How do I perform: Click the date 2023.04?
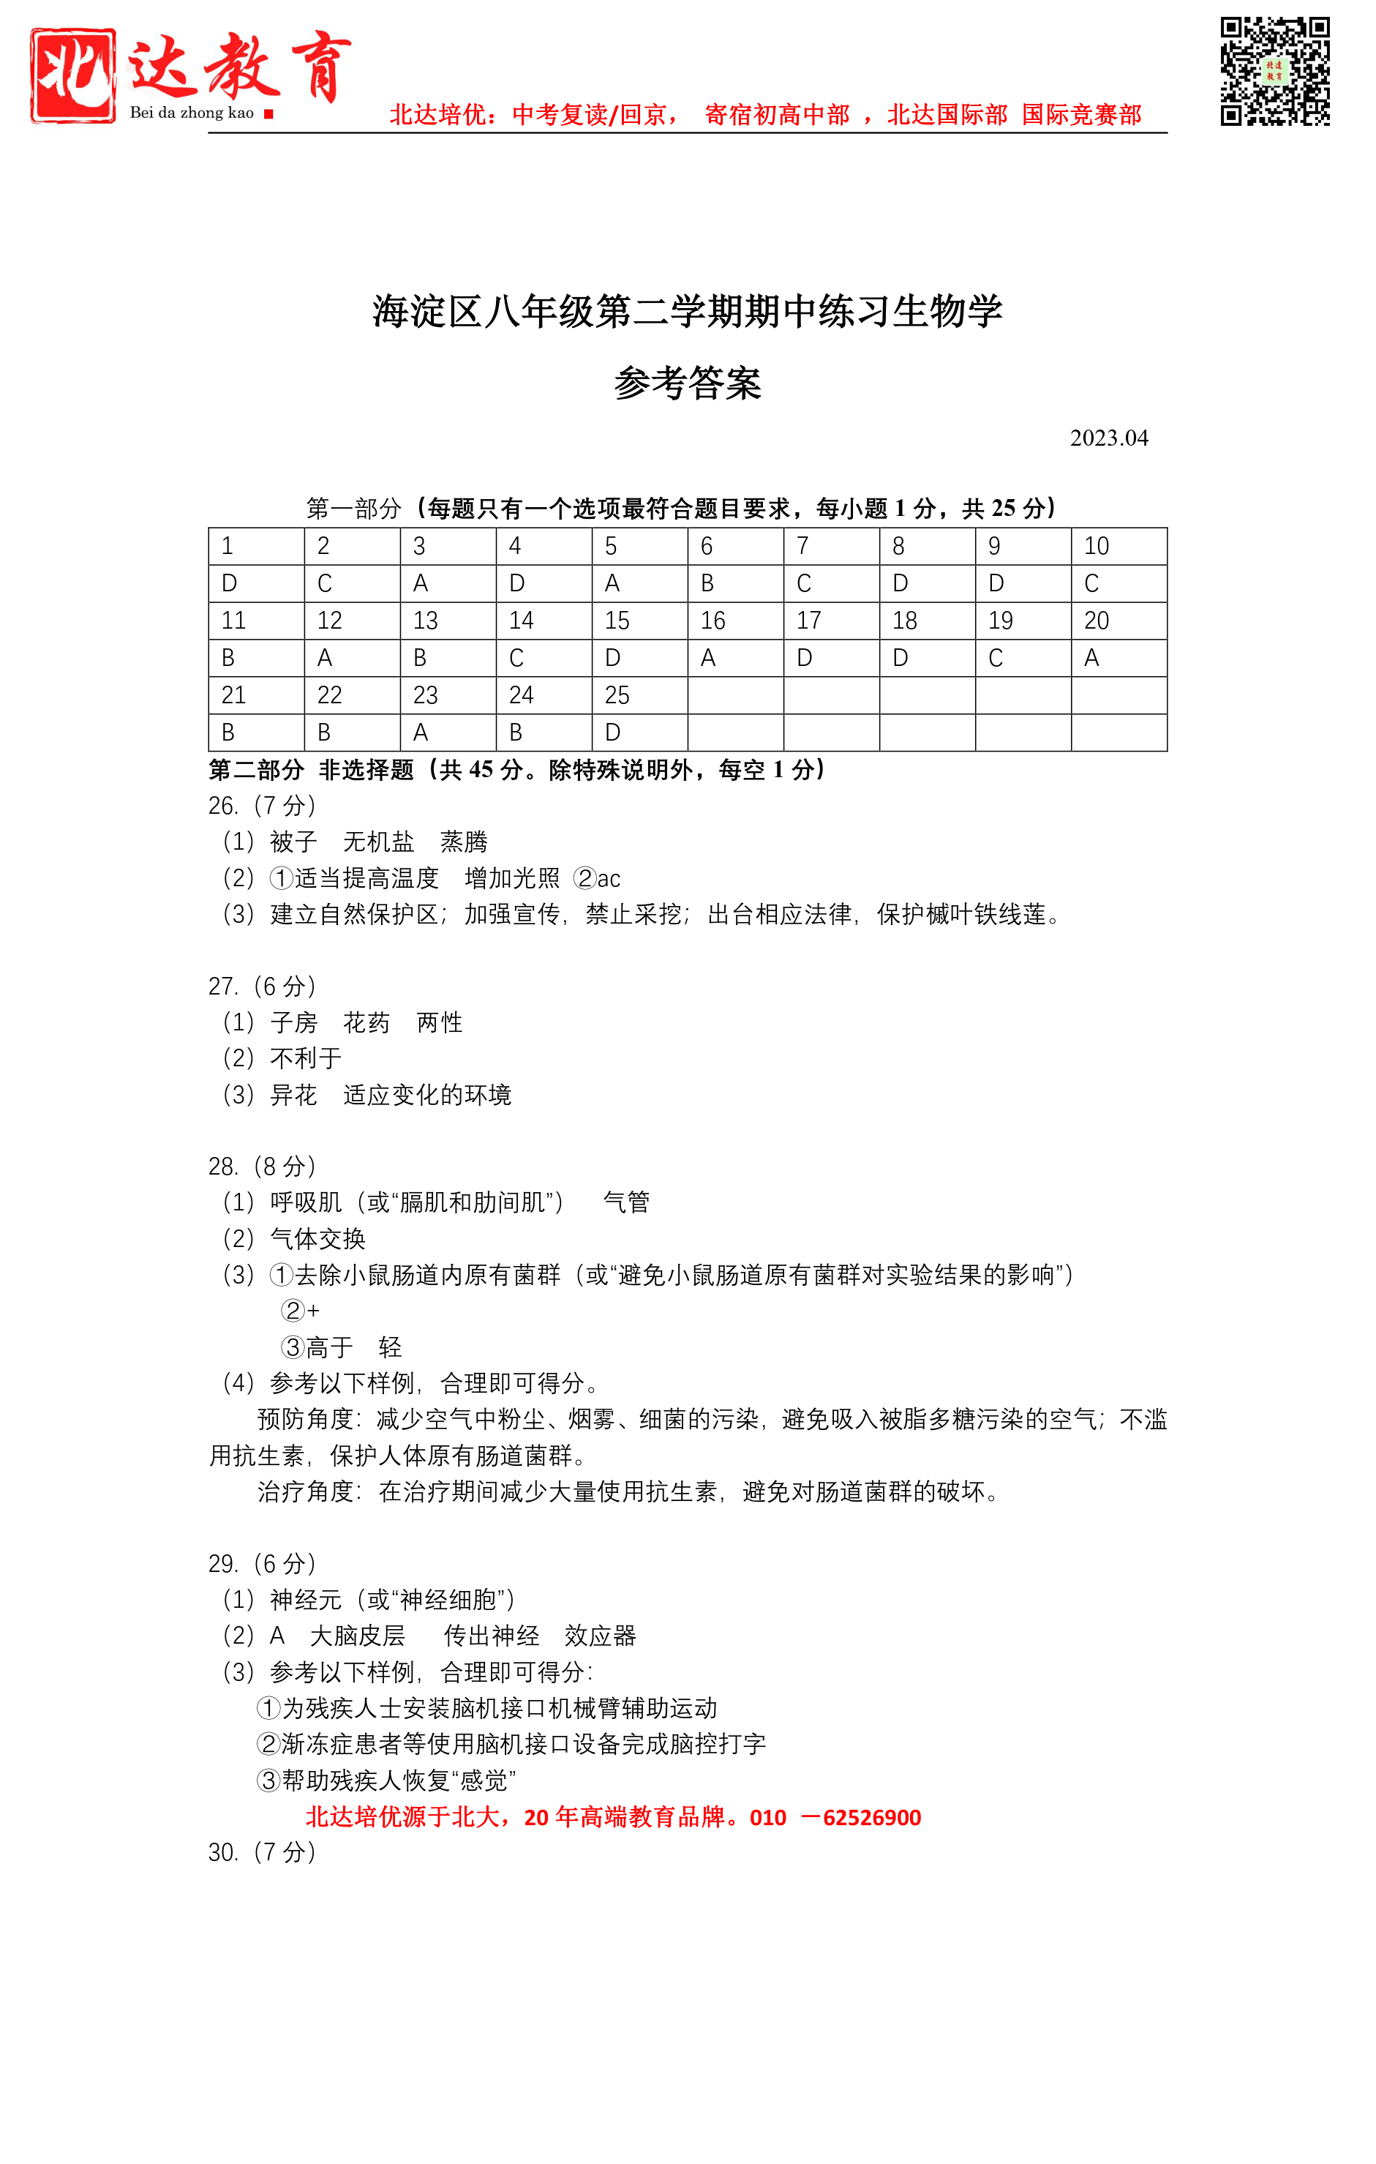pos(1108,438)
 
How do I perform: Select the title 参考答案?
pos(687,383)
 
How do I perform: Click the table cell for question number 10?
pos(1119,547)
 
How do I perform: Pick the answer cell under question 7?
pos(831,583)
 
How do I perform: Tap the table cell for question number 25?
pos(639,695)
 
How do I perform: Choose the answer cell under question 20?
pos(1119,658)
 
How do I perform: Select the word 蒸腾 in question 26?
pos(464,842)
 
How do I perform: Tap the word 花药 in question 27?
pos(366,1022)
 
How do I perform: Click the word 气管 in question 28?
pos(626,1202)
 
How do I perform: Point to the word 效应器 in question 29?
pos(600,1636)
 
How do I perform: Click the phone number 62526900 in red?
pos(871,1817)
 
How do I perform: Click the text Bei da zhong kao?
pos(192,113)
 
